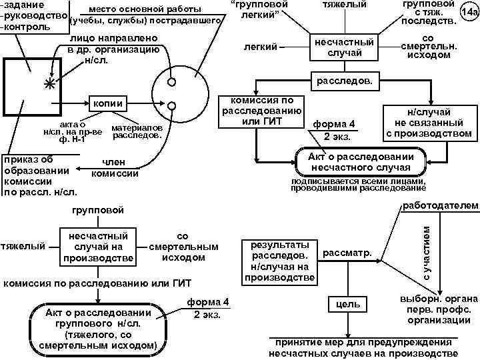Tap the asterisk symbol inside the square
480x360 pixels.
point(48,84)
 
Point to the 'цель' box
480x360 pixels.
point(347,305)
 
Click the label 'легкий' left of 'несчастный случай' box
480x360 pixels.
point(257,47)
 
